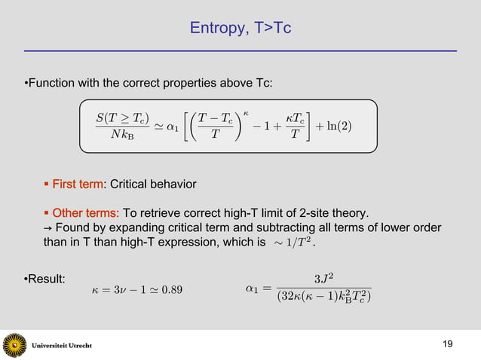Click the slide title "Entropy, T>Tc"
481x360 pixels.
coord(240,29)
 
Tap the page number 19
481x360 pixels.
coord(448,344)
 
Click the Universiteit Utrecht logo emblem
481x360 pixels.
coord(14,345)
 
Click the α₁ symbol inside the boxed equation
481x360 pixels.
coord(173,125)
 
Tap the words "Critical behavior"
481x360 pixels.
coord(153,184)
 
